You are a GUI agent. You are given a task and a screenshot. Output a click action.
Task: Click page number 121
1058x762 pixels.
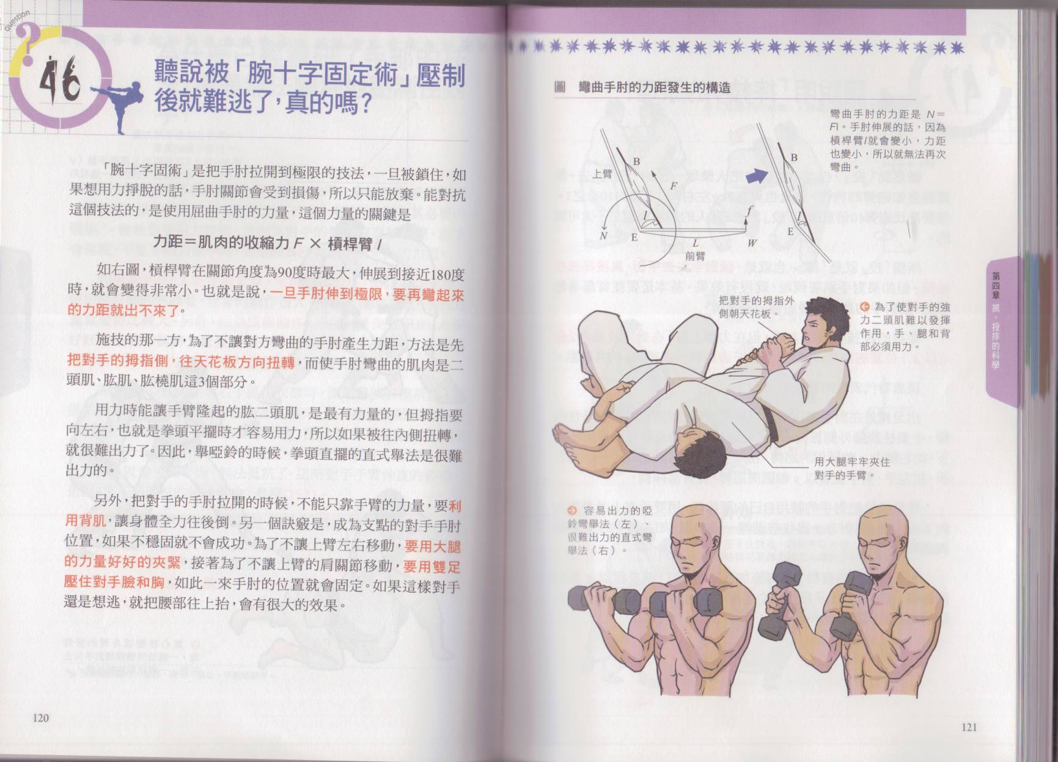969,727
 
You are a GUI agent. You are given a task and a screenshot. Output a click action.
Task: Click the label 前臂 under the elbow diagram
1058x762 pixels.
694,257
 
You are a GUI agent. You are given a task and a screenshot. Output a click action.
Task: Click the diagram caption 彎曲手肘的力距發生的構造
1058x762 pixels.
655,88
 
